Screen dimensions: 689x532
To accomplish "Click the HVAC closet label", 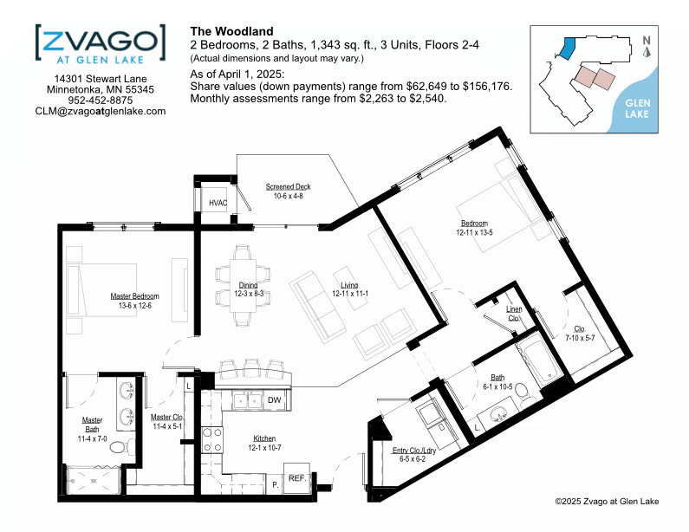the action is click(218, 203).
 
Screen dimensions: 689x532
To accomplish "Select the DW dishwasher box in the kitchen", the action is click(275, 400).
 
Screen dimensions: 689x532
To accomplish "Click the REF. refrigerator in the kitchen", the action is click(297, 478).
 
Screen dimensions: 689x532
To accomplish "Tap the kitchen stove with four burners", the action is click(212, 440).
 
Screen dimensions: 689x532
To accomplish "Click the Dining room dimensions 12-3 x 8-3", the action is click(249, 294).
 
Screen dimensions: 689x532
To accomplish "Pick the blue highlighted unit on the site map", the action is click(567, 49).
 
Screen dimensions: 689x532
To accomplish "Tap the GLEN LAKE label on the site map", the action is click(638, 108).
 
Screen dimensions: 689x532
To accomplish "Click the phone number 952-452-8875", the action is click(101, 101).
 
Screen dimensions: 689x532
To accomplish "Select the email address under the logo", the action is click(101, 112).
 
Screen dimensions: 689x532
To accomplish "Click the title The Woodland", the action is click(231, 32).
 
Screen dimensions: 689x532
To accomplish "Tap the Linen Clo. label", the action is click(514, 314).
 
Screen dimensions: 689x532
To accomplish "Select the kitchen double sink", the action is click(247, 400).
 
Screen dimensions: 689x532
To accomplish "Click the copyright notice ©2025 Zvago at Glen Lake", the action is click(607, 502).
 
